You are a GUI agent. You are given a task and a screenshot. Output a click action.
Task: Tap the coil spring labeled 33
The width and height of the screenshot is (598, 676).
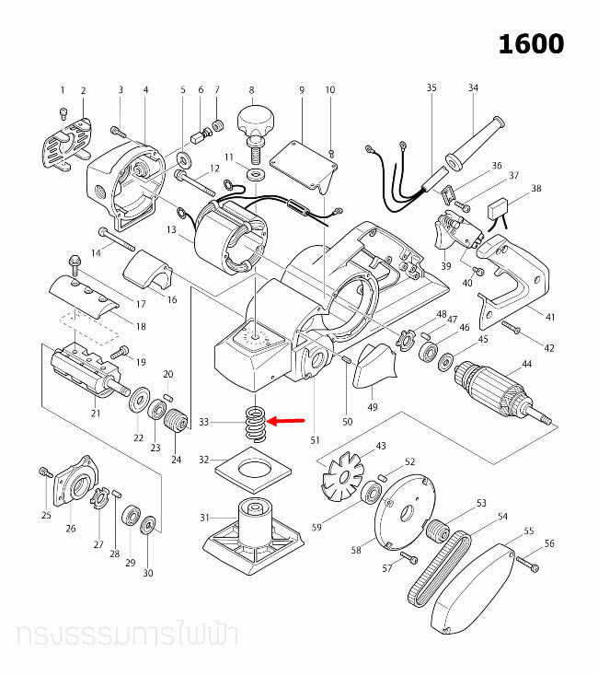pos(256,424)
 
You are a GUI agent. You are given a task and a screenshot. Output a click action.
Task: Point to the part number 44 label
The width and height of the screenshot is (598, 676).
pos(527,364)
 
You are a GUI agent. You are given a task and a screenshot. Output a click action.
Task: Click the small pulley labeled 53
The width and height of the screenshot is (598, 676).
pos(438,530)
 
